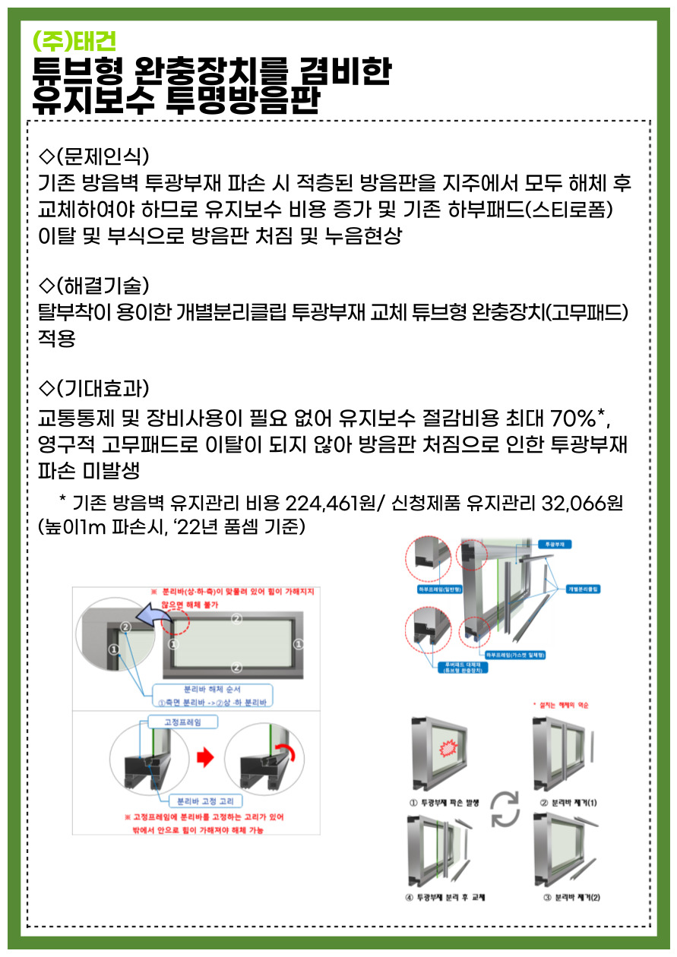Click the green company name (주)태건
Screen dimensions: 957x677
pyautogui.click(x=74, y=40)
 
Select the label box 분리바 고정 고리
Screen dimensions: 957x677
pyautogui.click(x=200, y=800)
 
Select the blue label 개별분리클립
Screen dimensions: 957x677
pyautogui.click(x=581, y=589)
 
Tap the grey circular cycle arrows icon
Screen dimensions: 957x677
pyautogui.click(x=505, y=808)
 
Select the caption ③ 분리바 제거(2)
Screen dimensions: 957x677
pyautogui.click(x=572, y=897)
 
